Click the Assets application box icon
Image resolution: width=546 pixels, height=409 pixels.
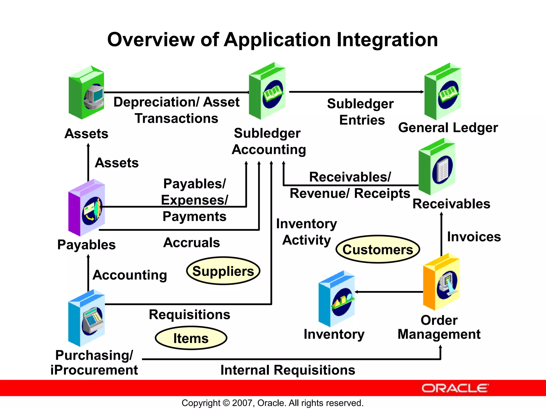pos(86,93)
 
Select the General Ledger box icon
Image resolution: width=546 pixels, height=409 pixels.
pos(443,92)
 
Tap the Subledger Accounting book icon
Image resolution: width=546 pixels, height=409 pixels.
pos(267,91)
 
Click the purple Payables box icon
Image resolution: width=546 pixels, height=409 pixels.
pos(87,208)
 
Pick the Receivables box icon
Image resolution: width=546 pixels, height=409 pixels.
pos(437,167)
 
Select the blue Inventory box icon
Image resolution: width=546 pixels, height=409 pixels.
pos(337,299)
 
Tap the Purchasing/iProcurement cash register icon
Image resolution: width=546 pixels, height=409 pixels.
pos(87,318)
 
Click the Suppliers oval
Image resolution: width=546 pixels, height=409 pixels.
pos(223,271)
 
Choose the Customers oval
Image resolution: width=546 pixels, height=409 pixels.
pos(378,250)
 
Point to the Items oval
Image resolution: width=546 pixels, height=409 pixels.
pos(191,338)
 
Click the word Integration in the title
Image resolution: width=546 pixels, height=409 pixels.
pos(387,40)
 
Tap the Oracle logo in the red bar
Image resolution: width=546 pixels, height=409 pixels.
pos(455,388)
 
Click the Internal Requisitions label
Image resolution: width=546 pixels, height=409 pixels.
pos(288,370)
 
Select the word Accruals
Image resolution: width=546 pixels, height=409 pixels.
pos(192,243)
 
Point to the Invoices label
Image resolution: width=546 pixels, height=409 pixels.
pos(474,237)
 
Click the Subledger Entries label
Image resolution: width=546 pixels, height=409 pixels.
pos(360,112)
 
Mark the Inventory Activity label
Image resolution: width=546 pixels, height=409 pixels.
pos(307,232)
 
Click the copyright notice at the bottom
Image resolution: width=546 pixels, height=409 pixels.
pos(272,403)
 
